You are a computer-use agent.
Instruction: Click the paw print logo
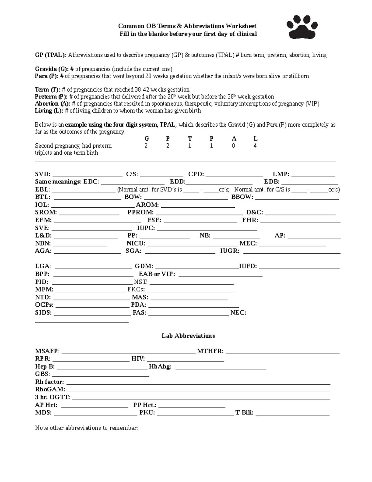[302, 27]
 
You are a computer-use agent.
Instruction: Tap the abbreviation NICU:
[136, 244]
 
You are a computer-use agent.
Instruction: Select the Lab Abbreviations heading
[188, 336]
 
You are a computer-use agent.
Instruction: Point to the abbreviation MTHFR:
[210, 351]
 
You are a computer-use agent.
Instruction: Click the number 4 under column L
[255, 146]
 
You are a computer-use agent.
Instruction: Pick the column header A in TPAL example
[234, 139]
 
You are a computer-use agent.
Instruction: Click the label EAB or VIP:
[157, 274]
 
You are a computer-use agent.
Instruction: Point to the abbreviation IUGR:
[230, 251]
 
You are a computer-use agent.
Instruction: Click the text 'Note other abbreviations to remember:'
[86, 428]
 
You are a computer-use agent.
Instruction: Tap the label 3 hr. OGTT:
[52, 397]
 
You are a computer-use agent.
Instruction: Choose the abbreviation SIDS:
[43, 313]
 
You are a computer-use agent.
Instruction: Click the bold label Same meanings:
[58, 182]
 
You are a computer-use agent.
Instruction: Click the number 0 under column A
[233, 146]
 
